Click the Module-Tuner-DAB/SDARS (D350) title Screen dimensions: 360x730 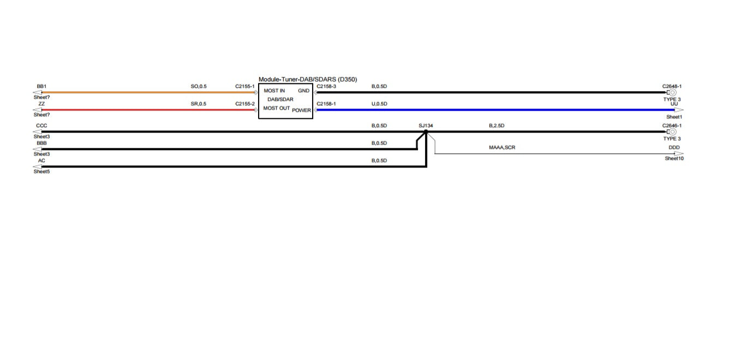coord(308,80)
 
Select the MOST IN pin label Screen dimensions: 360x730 coord(274,91)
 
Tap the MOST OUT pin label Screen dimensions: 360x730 coord(277,108)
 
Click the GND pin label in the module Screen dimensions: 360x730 coord(303,91)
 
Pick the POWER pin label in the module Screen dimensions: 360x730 coord(302,110)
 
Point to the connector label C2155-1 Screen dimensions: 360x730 coord(245,86)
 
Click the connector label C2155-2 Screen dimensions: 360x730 coord(245,104)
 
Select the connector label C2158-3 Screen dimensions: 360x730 coord(326,86)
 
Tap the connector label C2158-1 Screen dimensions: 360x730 coord(326,104)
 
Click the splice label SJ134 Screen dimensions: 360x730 coord(426,125)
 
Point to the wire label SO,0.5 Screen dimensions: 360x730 coord(199,86)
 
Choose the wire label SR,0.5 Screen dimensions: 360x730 coord(199,104)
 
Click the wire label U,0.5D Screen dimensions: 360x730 coord(379,104)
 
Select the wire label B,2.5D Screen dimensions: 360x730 coord(496,125)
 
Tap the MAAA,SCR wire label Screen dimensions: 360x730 coord(502,147)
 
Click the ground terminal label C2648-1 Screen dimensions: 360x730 coord(672,86)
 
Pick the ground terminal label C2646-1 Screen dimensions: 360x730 coord(672,125)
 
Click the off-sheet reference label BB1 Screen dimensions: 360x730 coord(41,86)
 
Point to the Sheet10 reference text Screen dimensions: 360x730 coord(674,159)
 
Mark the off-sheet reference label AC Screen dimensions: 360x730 coord(41,160)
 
